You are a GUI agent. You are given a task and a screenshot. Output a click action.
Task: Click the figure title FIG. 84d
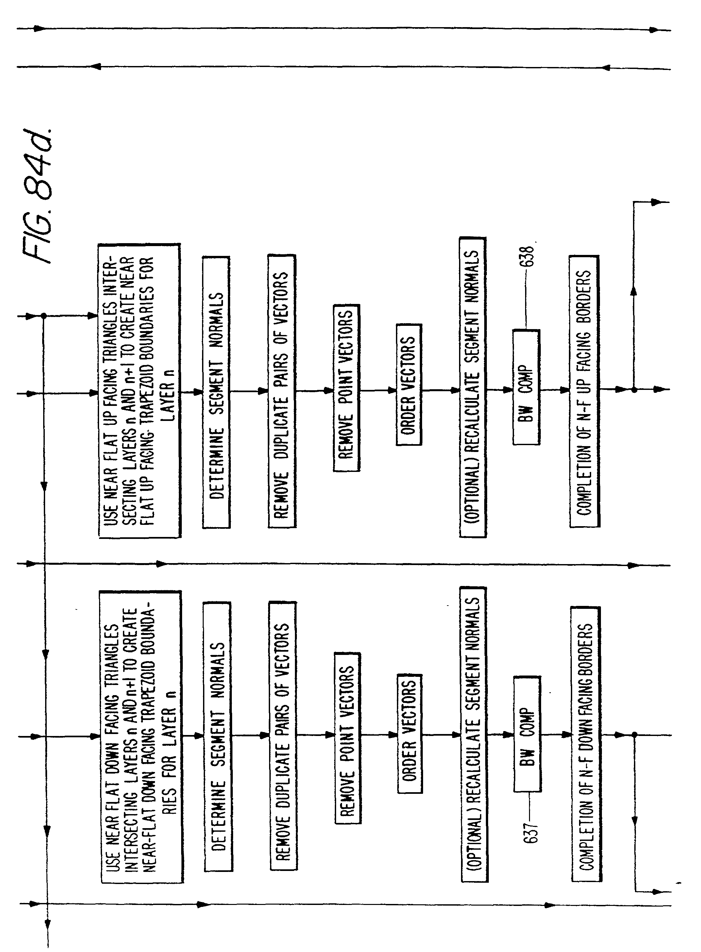[43, 195]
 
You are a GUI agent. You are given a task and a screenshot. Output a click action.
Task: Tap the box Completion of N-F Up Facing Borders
[584, 391]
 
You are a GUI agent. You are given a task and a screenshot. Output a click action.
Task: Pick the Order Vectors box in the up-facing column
[409, 385]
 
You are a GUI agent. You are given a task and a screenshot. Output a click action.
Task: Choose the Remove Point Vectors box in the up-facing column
[347, 388]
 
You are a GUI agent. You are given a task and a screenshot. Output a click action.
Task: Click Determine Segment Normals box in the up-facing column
[216, 392]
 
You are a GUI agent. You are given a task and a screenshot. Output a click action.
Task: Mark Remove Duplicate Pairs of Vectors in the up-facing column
[282, 391]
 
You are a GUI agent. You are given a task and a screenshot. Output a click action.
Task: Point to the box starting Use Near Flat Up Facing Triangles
[140, 391]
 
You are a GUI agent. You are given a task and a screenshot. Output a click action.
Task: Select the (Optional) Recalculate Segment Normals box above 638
[473, 387]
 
